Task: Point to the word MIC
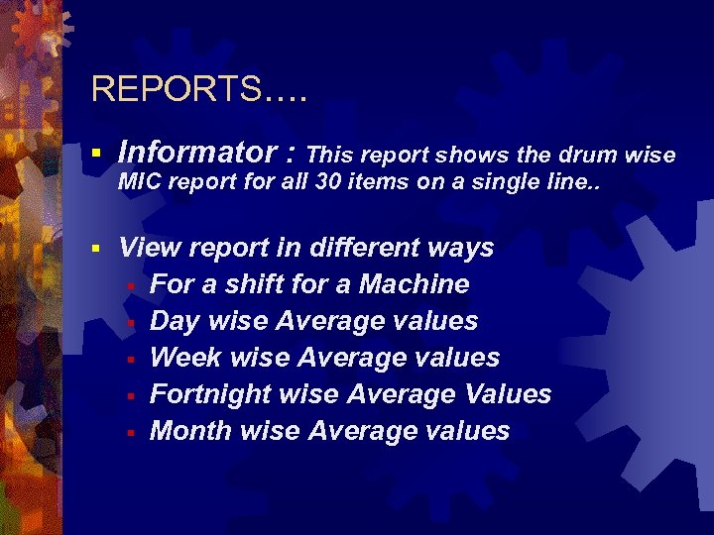[138, 183]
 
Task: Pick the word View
[149, 248]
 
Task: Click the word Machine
[414, 284]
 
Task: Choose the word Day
[174, 321]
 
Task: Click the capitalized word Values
[507, 394]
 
